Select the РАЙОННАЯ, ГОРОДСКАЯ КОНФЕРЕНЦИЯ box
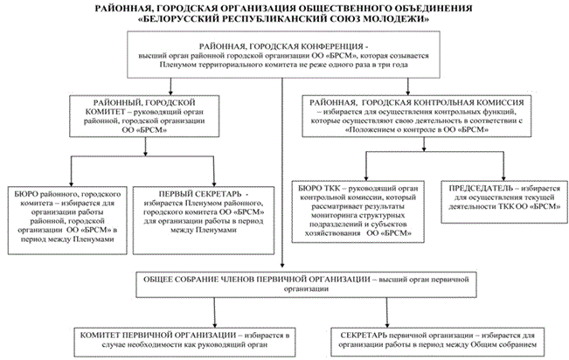tap(283, 54)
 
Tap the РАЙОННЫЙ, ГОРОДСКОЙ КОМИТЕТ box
tap(144, 116)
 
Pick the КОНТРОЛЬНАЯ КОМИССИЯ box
tap(417, 116)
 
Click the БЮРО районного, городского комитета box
tap(67, 220)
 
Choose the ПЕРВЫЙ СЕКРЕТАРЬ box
tap(204, 220)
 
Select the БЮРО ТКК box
tap(358, 211)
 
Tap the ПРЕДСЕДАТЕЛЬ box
tap(504, 202)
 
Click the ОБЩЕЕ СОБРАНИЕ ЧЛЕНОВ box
tap(306, 285)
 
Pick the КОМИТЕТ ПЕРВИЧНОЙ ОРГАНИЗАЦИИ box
tap(184, 341)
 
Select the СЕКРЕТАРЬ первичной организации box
tap(438, 341)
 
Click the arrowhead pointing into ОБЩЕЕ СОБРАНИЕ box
tap(282, 265)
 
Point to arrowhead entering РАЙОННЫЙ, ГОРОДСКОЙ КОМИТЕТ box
tap(170, 92)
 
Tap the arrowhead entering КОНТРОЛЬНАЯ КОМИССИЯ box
tap(408, 92)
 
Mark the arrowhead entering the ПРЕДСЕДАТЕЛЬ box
tap(503, 177)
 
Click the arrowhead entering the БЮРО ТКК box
tap(366, 177)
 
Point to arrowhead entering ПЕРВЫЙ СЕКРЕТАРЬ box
tap(214, 183)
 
